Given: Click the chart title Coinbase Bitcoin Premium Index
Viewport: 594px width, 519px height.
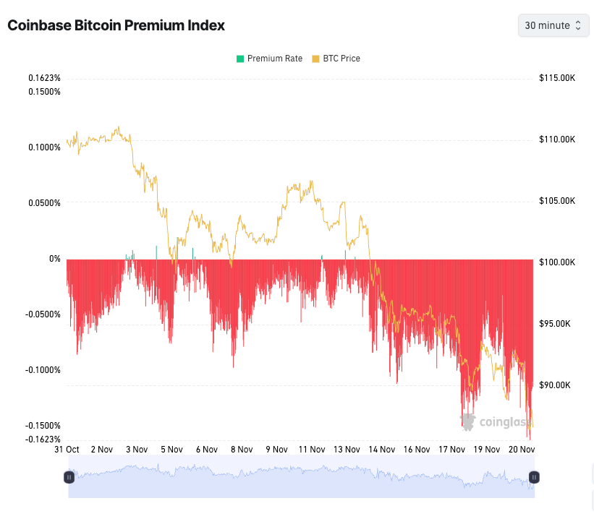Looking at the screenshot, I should [116, 25].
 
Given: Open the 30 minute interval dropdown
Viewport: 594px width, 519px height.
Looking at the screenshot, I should [553, 25].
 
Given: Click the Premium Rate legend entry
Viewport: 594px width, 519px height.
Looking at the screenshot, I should [269, 59].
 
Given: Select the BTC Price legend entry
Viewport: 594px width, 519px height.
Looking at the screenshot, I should [336, 59].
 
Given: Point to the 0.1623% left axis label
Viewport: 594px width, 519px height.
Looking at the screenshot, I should [44, 78].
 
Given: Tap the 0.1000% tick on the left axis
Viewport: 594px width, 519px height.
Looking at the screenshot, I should [44, 147].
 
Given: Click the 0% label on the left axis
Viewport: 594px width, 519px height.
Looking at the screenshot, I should [54, 259].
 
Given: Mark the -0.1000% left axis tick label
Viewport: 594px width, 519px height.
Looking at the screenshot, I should [43, 370].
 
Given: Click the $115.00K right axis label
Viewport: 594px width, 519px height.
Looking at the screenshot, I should [557, 78].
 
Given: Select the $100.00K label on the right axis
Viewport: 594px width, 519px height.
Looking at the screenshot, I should [557, 262].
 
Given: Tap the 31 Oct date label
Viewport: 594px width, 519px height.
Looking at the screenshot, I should [67, 450].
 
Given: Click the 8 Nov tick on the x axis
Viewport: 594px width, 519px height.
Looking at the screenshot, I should [242, 450].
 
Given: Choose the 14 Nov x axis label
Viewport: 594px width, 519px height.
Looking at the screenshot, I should [383, 450].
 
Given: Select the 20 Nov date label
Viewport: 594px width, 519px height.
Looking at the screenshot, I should [522, 450].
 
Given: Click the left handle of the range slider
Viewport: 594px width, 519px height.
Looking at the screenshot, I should [69, 477].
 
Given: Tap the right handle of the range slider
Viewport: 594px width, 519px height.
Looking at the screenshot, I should [534, 477].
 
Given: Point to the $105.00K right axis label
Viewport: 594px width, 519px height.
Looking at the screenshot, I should [557, 201].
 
